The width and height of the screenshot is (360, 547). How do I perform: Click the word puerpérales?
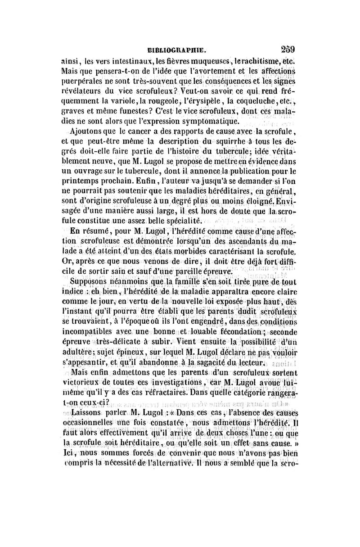[x=85, y=82]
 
